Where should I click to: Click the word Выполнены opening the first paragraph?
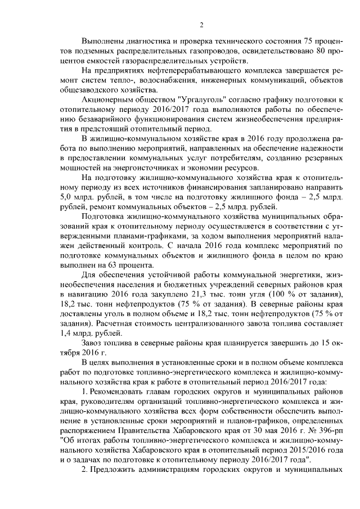point(102,43)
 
